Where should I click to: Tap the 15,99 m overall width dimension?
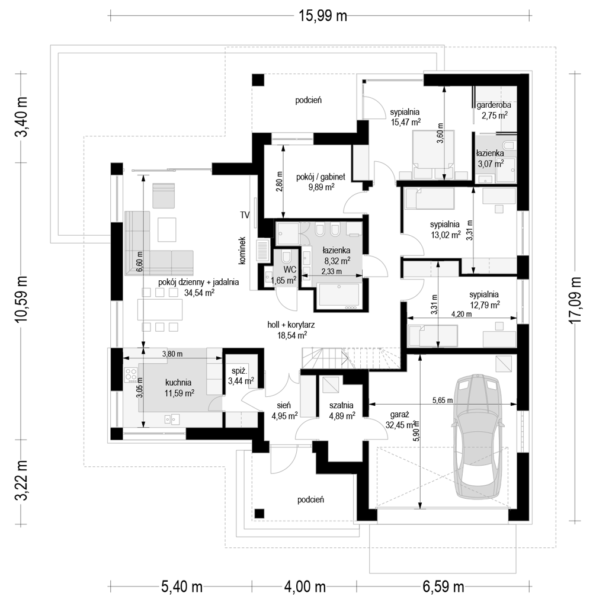[322, 16]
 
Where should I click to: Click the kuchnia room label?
[178, 383]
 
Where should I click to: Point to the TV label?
[245, 215]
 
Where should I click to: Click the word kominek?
[242, 251]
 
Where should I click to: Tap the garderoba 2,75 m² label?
[494, 110]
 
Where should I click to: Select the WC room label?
[290, 270]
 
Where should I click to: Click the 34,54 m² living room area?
[199, 293]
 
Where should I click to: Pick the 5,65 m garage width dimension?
[443, 400]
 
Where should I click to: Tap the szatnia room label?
[341, 405]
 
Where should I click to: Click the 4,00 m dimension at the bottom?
[305, 587]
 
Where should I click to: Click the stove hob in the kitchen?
[130, 375]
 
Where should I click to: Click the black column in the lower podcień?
[259, 514]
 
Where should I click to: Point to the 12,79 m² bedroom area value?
[484, 305]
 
